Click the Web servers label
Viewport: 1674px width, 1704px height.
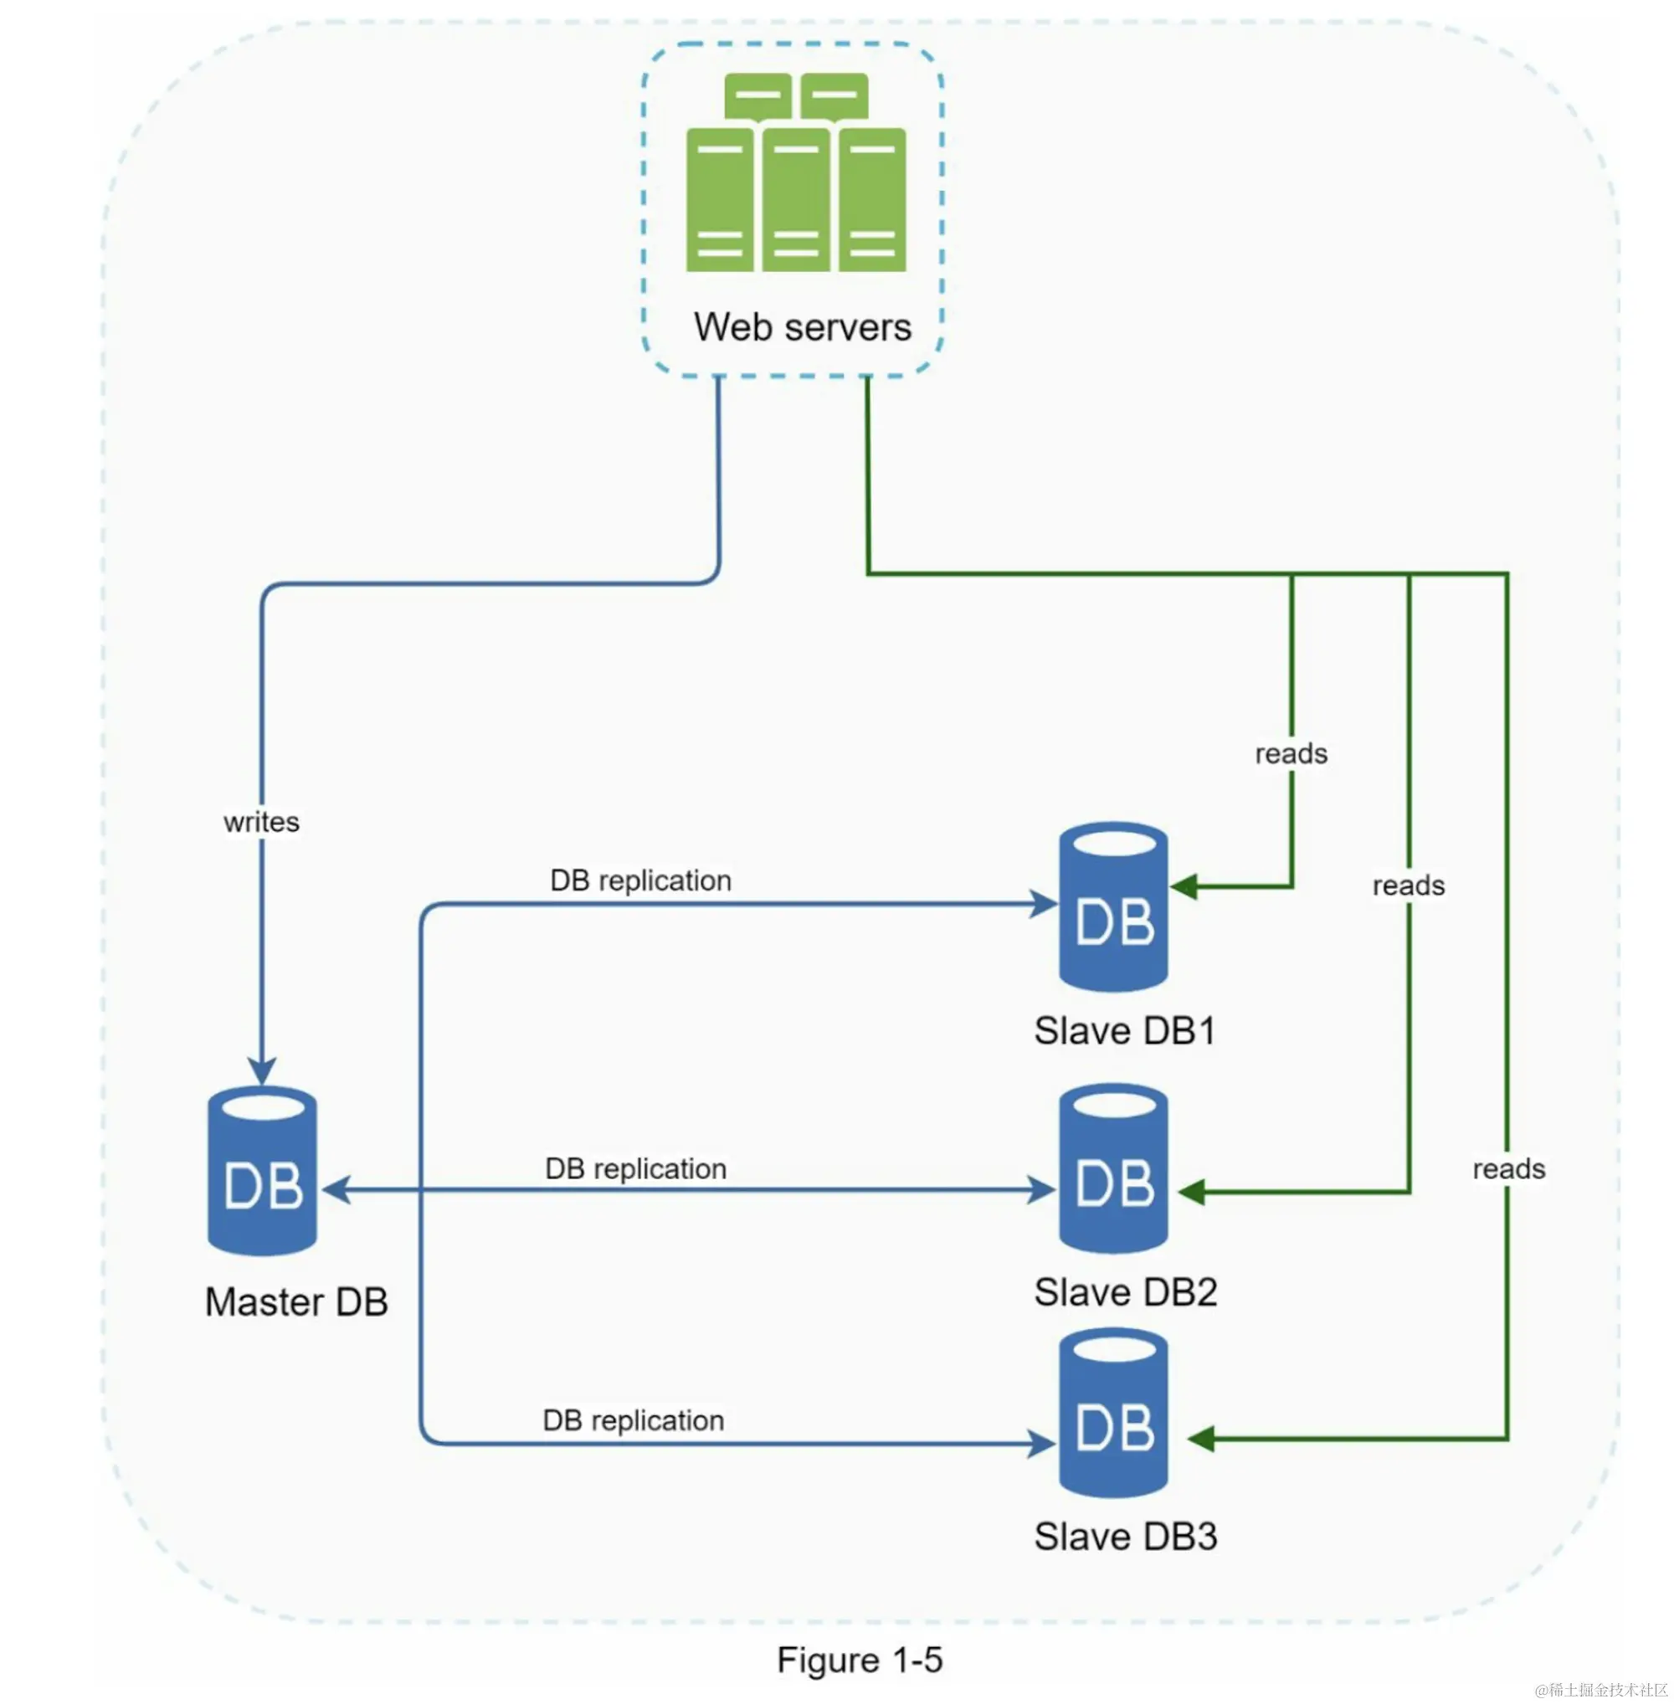point(802,327)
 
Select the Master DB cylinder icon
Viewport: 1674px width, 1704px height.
point(262,1170)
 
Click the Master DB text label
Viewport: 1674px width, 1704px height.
point(296,1302)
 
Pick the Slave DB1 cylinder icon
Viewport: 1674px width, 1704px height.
point(1113,906)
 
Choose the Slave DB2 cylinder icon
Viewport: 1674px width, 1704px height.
point(1113,1168)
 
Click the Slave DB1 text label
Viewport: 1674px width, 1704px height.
point(1124,1031)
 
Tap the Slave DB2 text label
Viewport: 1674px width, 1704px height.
point(1126,1292)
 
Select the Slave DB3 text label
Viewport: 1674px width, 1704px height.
point(1126,1537)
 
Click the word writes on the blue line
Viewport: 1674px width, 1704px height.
point(261,822)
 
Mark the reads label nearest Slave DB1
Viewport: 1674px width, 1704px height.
point(1291,753)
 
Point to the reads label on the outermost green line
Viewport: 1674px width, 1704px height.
point(1507,1168)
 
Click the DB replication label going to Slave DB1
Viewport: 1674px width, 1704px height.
point(640,880)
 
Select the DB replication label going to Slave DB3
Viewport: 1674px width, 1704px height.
point(633,1420)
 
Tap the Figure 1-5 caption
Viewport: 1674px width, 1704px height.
point(859,1660)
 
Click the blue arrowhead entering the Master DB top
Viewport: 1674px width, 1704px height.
point(262,1071)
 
